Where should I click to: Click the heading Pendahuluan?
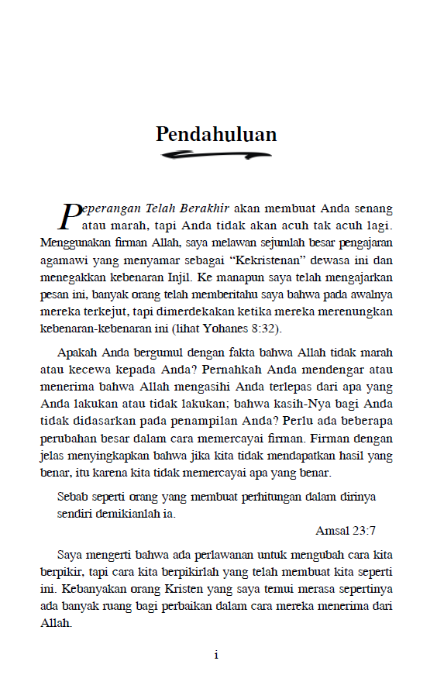[x=216, y=134]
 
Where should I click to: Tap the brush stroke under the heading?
[x=216, y=156]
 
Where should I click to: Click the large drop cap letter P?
[x=70, y=215]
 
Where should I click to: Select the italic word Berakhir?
[x=205, y=208]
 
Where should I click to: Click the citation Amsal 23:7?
[x=346, y=531]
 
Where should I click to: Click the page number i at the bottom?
[x=216, y=656]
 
